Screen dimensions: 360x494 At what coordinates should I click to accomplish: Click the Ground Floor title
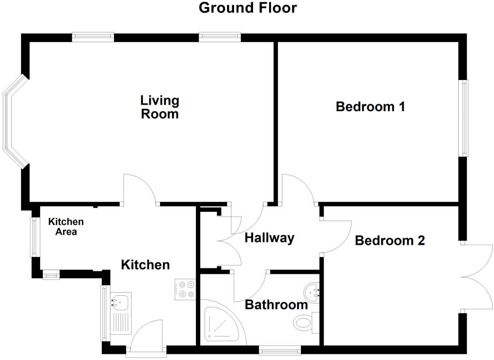(x=247, y=8)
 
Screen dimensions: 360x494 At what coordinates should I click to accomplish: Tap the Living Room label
(x=160, y=107)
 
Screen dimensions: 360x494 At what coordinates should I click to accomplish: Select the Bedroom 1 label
(x=370, y=106)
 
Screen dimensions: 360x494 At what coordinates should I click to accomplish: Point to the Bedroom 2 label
(x=390, y=240)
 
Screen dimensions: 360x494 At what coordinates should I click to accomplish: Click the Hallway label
(x=269, y=237)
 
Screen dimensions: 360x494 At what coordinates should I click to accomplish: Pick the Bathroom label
(x=276, y=305)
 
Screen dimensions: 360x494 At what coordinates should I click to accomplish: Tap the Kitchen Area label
(x=66, y=226)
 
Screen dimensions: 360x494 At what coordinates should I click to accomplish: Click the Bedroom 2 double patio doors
(x=477, y=277)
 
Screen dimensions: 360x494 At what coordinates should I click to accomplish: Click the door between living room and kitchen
(x=140, y=189)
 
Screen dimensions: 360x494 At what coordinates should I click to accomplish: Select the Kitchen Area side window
(x=34, y=237)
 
